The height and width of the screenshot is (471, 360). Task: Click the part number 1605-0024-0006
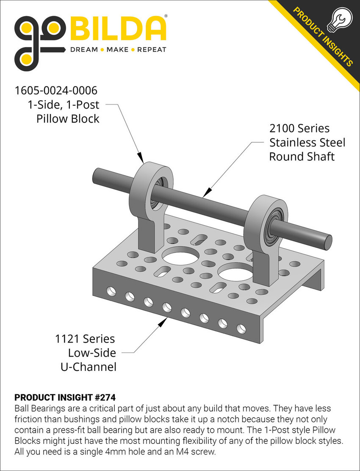point(56,90)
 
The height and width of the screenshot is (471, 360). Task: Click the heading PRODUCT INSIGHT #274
point(65,398)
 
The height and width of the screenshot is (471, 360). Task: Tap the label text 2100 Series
point(299,128)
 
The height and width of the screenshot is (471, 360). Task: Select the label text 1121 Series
point(85,339)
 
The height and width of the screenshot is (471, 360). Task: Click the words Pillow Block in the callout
point(68,118)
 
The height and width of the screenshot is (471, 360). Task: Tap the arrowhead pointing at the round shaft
point(206,195)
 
